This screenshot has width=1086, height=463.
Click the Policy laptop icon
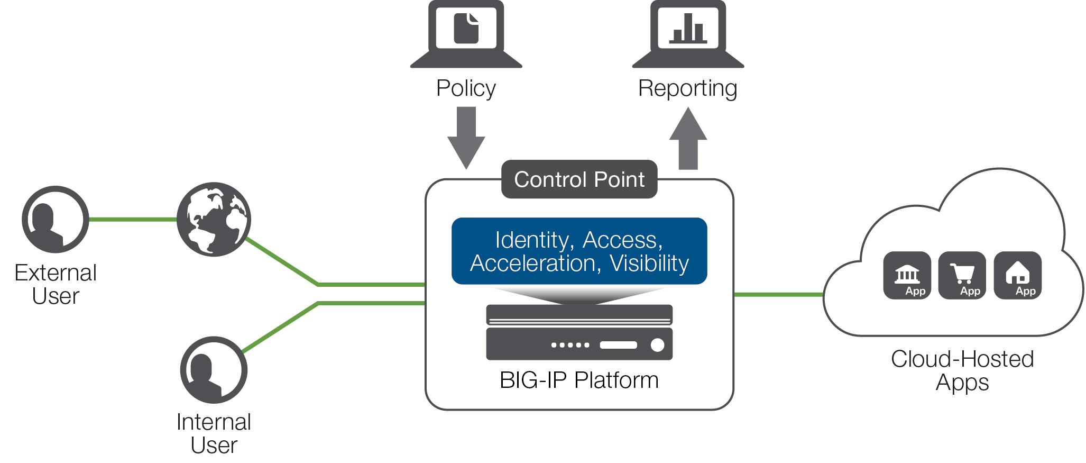pyautogui.click(x=466, y=34)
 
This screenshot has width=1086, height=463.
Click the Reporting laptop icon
pyautogui.click(x=688, y=34)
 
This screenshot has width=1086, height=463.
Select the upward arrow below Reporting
pyautogui.click(x=688, y=139)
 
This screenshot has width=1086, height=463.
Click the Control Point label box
pyautogui.click(x=579, y=179)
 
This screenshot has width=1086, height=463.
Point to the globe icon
pyautogui.click(x=214, y=220)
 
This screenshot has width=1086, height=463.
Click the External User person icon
pyautogui.click(x=56, y=219)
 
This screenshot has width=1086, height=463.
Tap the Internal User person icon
pyautogui.click(x=214, y=370)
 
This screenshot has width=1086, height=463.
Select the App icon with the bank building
pyautogui.click(x=907, y=276)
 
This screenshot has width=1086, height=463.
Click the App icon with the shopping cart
pyautogui.click(x=962, y=276)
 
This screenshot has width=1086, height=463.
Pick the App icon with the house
pyautogui.click(x=1018, y=276)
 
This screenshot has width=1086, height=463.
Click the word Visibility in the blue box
pyautogui.click(x=649, y=264)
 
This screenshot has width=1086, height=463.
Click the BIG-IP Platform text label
pyautogui.click(x=579, y=380)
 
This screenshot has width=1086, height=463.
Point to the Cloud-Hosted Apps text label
pyautogui.click(x=962, y=370)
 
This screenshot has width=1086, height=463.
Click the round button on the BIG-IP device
pyautogui.click(x=657, y=345)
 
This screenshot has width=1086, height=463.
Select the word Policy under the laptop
pyautogui.click(x=466, y=88)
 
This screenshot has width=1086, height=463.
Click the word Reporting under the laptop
pyautogui.click(x=688, y=88)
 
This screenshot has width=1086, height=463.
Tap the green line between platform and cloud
pyautogui.click(x=779, y=295)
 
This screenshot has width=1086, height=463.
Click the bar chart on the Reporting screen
pyautogui.click(x=688, y=29)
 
